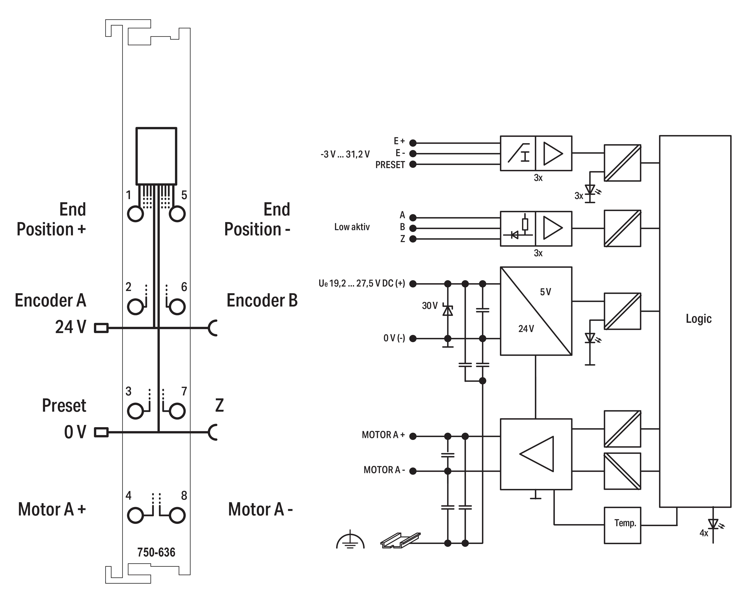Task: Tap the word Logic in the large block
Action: coord(699,318)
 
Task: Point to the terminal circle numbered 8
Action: coord(177,515)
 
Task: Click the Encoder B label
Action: coord(262,300)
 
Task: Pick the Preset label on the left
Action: coord(64,405)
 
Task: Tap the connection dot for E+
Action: coord(413,142)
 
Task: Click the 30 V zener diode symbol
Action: coord(448,311)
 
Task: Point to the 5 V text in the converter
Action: coord(545,292)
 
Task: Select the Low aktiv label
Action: coord(352,227)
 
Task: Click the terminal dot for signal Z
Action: coord(413,239)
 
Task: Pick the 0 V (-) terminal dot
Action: coord(413,338)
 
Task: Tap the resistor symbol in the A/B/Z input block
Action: coord(525,224)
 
